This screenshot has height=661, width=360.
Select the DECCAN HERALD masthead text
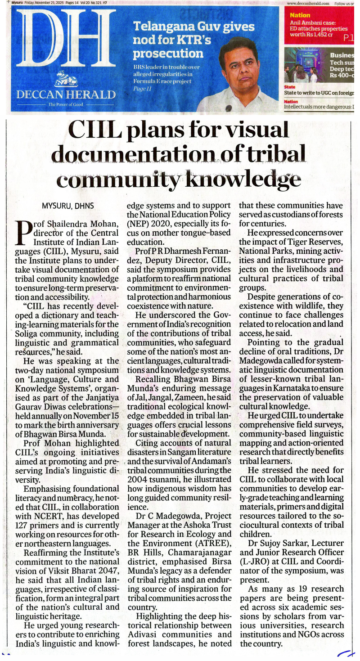click(66, 94)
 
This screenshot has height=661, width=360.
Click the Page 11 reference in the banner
click(141, 89)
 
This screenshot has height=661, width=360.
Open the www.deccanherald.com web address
click(308, 3)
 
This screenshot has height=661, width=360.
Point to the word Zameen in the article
click(189, 397)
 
